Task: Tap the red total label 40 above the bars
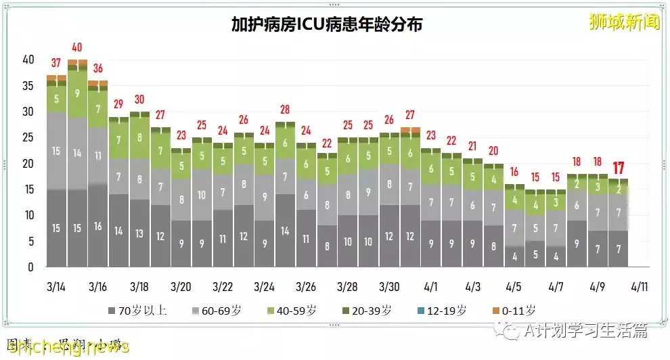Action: click(76, 47)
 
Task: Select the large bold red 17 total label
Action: click(618, 168)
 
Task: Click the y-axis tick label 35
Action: click(28, 86)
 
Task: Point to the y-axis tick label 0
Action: click(30, 267)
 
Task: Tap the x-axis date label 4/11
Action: click(639, 286)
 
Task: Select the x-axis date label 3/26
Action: click(306, 286)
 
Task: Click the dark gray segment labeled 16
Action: click(98, 227)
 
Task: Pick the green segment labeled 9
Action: click(77, 93)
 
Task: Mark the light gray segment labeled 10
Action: click(202, 194)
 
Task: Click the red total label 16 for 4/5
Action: click(514, 172)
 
